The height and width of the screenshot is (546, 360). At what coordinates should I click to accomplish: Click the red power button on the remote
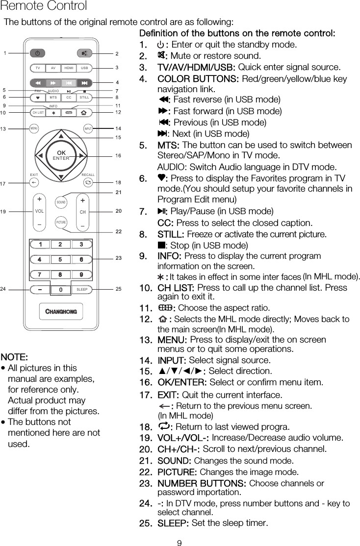tap(38, 53)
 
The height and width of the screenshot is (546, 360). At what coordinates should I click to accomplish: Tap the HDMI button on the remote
tap(69, 68)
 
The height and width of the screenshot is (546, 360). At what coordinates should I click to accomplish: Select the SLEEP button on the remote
tap(82, 290)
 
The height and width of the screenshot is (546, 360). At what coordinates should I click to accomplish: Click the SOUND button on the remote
tap(61, 202)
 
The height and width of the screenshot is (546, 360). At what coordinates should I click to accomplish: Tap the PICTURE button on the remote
tap(61, 222)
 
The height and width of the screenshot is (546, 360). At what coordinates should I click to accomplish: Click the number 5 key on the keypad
tap(60, 259)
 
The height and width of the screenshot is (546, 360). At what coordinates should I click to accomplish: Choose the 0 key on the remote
tap(60, 290)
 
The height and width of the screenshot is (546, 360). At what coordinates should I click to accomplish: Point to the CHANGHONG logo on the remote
tap(61, 312)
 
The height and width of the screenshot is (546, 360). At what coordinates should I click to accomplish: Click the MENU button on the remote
tap(34, 129)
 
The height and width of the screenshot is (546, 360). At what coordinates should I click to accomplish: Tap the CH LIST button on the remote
tap(38, 112)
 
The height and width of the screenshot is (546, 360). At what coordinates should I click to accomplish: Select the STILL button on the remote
tap(84, 97)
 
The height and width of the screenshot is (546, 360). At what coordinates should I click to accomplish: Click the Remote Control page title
tap(44, 6)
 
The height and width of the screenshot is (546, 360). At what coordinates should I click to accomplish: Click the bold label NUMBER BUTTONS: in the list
tap(202, 484)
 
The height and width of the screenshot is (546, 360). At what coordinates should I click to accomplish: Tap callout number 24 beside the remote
tap(3, 289)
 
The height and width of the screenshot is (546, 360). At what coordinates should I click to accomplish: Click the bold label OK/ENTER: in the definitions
tap(182, 382)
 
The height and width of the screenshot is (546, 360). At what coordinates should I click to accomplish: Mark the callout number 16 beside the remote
tap(118, 155)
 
